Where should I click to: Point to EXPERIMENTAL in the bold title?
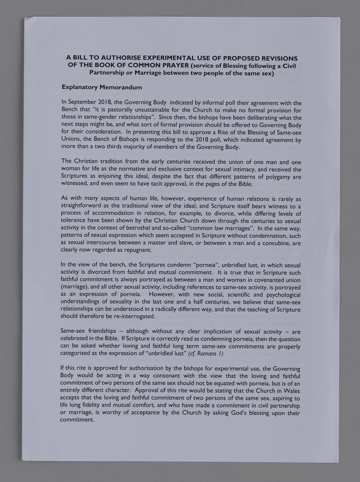pos(171,58)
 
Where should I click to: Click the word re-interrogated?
pos(131,316)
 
